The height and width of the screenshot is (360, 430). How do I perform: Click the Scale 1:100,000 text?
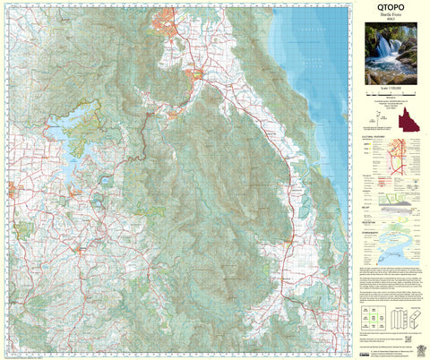[391, 89]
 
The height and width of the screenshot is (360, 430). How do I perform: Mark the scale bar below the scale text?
[391, 95]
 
